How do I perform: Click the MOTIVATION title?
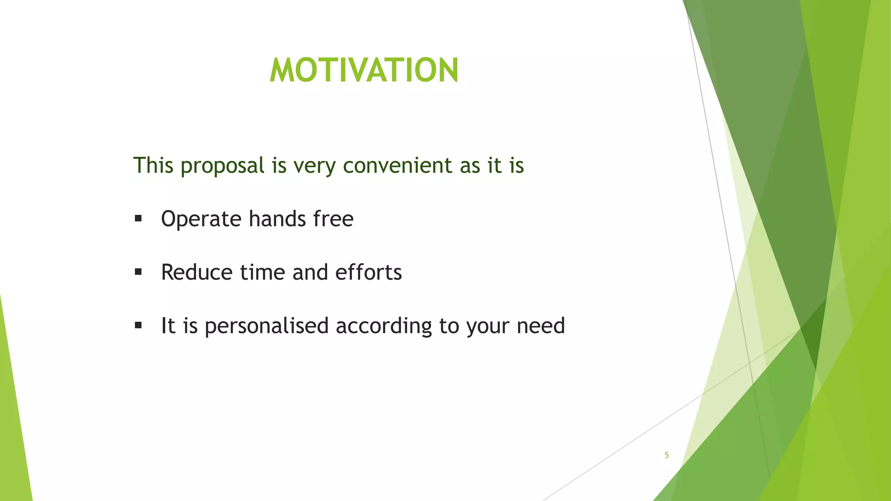(x=364, y=70)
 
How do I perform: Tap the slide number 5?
(x=667, y=455)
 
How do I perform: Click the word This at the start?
(x=153, y=166)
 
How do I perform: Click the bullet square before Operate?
(x=138, y=218)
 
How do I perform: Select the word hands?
(x=277, y=218)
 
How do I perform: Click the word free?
(x=333, y=218)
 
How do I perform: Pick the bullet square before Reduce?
(x=138, y=272)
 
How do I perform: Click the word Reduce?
(x=197, y=272)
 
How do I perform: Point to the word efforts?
(x=368, y=272)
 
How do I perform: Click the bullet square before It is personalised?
(x=138, y=325)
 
